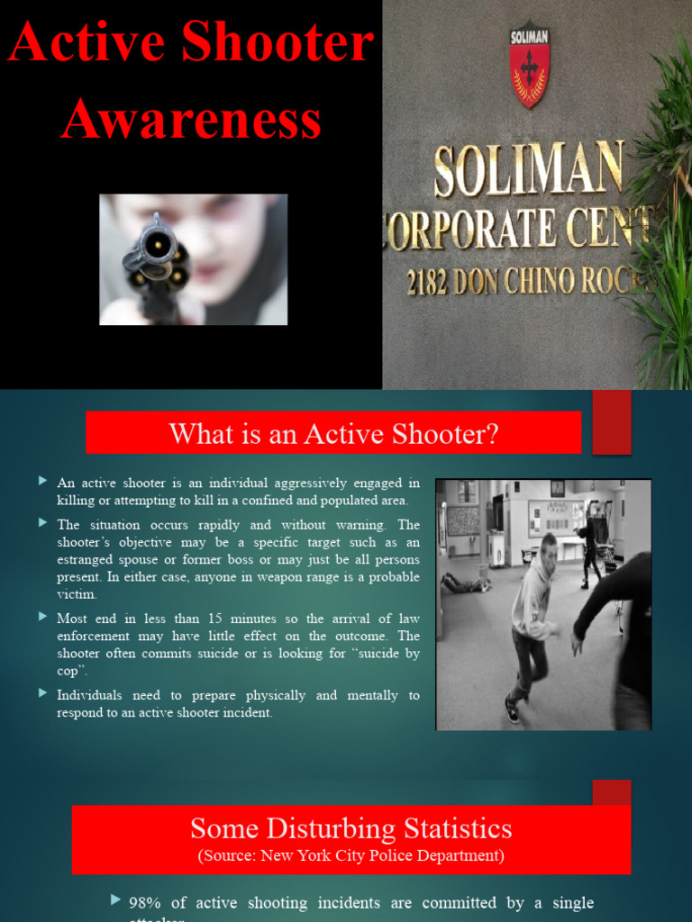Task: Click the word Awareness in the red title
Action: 191,120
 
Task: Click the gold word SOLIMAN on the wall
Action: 528,170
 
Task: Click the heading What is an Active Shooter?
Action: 333,434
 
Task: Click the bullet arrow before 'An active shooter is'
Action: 42,482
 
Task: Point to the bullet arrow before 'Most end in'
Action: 42,617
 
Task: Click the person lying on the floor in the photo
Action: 464,583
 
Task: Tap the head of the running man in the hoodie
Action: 548,547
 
